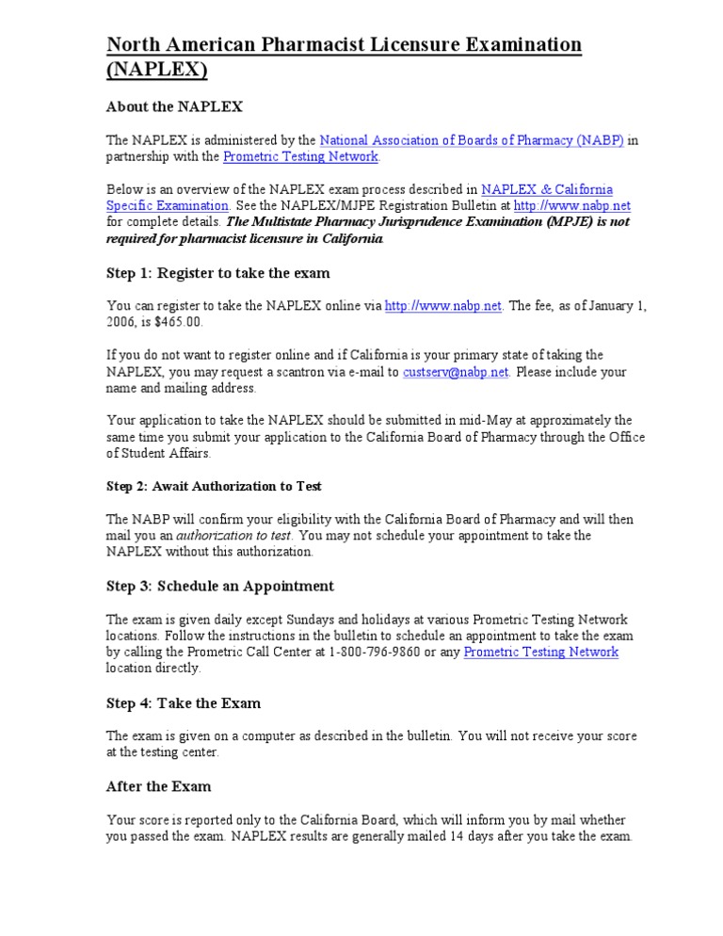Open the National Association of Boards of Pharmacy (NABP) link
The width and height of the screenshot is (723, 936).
click(472, 140)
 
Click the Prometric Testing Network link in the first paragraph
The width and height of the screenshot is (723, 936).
click(300, 156)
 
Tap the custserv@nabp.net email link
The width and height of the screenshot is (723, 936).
click(456, 371)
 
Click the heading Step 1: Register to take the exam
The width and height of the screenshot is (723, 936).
click(218, 273)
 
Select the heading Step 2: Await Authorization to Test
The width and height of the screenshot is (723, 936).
click(215, 486)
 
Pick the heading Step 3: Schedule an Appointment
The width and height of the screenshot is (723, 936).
click(220, 586)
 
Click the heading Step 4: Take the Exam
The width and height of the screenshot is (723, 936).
click(184, 703)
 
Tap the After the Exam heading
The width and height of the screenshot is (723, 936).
click(159, 786)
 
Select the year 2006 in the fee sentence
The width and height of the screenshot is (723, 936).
click(121, 322)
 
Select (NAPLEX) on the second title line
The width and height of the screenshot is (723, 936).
click(157, 70)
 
